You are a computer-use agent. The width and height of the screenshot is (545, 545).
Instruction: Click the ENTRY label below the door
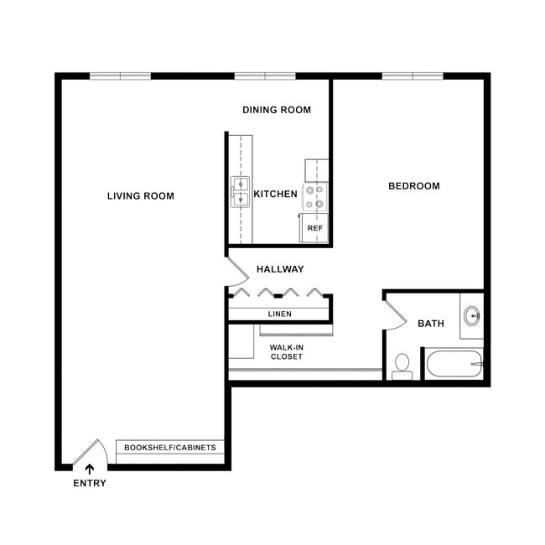tap(90, 483)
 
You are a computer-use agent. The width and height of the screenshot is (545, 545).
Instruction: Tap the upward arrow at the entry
tap(90, 470)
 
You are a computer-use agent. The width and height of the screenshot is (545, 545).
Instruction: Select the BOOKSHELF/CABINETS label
tap(170, 448)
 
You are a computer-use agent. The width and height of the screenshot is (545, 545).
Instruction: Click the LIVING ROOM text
tap(141, 196)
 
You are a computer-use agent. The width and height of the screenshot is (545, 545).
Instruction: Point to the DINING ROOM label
tap(277, 110)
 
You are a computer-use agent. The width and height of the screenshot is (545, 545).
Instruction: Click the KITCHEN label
tap(275, 195)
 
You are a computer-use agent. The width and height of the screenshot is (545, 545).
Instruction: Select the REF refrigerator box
tap(314, 228)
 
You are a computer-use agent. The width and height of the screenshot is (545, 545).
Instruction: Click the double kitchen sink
tap(241, 191)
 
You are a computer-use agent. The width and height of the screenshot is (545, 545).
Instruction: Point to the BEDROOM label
tap(413, 186)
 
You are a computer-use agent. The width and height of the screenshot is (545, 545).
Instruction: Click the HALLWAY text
tap(280, 269)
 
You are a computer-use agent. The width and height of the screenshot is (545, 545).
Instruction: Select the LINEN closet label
tap(279, 314)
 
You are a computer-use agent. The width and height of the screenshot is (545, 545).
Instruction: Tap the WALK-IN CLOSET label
tap(286, 351)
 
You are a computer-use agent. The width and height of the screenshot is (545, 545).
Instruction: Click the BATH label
tap(431, 324)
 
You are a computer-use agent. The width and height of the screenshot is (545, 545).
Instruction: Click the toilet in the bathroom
tap(402, 366)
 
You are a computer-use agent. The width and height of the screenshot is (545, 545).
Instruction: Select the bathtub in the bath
tap(454, 364)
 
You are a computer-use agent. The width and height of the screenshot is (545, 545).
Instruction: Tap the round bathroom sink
tap(472, 316)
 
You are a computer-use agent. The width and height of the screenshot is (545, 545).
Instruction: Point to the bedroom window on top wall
tap(413, 76)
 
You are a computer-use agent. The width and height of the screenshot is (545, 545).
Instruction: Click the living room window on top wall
tap(120, 76)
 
